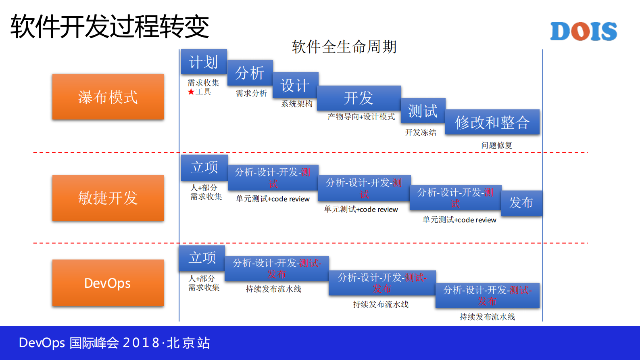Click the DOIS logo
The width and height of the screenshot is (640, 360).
583,31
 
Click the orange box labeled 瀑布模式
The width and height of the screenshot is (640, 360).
108,97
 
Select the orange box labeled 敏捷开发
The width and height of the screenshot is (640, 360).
108,198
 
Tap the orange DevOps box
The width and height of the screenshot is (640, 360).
108,283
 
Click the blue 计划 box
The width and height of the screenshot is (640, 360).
204,62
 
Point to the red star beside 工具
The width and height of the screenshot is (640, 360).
191,92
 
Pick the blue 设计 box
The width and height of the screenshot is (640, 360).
295,85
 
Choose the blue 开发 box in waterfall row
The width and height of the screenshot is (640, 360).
359,98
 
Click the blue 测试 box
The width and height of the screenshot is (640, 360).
423,111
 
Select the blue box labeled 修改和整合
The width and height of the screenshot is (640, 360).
492,122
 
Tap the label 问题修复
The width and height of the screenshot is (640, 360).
496,145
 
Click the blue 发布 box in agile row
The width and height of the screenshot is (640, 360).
521,203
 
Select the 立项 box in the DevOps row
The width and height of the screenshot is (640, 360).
202,258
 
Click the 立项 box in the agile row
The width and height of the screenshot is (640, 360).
204,167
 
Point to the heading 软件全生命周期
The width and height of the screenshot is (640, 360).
344,47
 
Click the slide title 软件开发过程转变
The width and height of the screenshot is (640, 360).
110,27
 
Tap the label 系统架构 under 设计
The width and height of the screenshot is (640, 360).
297,104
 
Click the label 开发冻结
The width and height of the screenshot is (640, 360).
421,132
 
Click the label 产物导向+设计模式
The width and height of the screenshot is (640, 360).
361,117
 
